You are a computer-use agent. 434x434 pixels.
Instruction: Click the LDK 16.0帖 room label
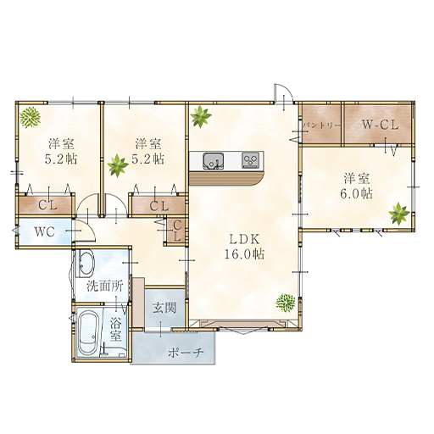pos(244,248)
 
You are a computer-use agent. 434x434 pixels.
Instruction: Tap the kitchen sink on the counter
pos(214,161)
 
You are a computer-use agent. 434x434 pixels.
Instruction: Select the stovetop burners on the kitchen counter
pos(250,160)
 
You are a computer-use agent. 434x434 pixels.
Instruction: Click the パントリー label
pos(321,125)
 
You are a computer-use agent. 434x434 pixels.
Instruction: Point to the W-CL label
pos(380,125)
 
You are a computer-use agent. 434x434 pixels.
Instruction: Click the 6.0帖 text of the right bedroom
pos(356,194)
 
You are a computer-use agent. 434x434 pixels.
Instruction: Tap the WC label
pos(45,232)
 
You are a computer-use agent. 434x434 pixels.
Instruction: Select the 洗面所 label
pos(105,287)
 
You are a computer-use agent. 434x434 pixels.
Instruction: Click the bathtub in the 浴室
pos(89,332)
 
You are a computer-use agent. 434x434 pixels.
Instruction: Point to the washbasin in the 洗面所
pos(85,264)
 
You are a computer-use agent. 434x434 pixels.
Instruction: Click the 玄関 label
pos(164,308)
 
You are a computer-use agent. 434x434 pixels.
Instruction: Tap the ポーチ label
pos(186,353)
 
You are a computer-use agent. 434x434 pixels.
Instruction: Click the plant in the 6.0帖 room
pos(399,214)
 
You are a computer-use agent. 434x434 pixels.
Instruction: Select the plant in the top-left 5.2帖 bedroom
pos(31,117)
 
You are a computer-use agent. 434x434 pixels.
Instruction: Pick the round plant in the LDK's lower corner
pos(286,303)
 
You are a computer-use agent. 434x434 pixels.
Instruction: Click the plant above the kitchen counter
pos(201,116)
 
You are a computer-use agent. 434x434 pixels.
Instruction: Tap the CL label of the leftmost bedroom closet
pos(47,205)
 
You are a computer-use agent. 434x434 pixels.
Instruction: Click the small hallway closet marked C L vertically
pos(176,231)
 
